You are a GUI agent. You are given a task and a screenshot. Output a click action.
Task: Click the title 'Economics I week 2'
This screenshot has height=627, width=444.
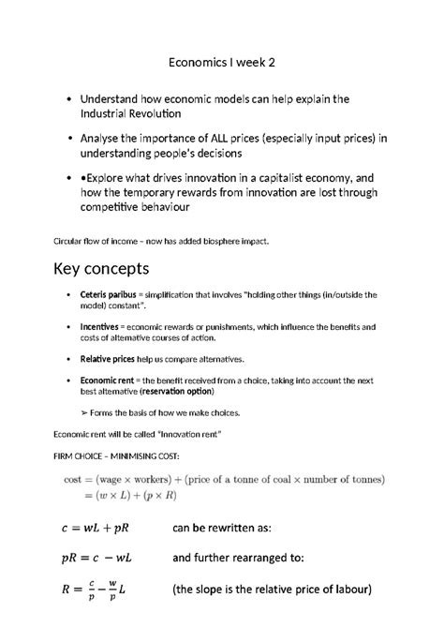(222, 63)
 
